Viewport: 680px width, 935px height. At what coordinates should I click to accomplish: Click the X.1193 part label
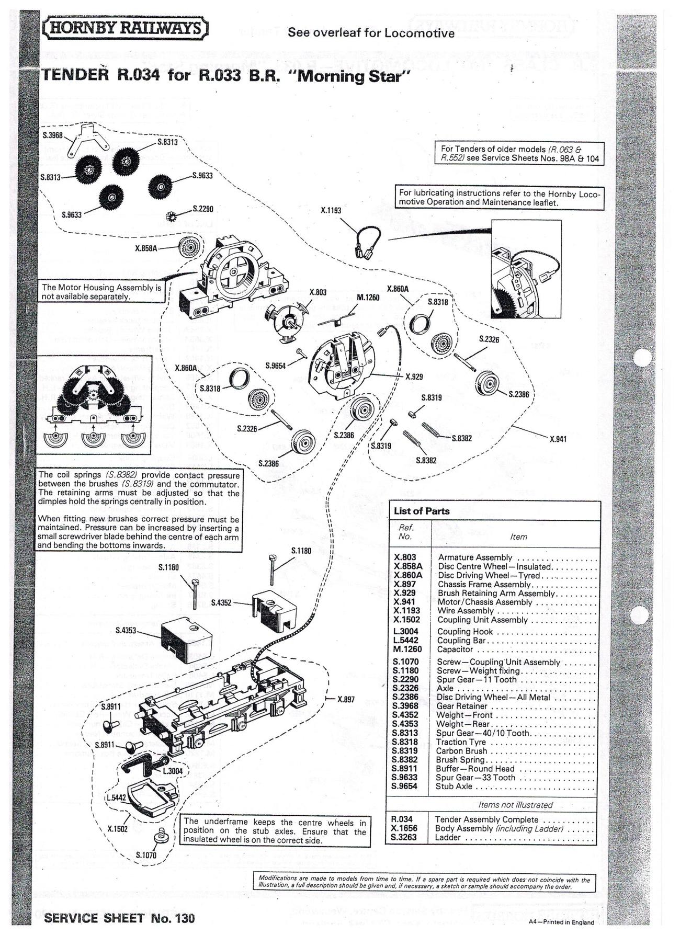tap(331, 210)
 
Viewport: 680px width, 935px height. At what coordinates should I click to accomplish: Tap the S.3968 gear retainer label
tap(52, 135)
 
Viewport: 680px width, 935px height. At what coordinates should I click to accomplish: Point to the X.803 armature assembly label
tap(318, 292)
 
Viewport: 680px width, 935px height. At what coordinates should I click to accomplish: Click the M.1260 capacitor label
tap(368, 297)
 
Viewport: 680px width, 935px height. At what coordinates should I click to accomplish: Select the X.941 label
tap(558, 439)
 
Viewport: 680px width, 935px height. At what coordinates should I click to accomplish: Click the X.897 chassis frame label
tap(346, 699)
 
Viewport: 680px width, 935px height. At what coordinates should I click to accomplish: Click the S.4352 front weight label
tap(221, 602)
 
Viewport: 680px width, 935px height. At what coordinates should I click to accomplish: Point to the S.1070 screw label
tap(146, 855)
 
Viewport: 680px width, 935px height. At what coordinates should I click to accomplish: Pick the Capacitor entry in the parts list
tap(455, 649)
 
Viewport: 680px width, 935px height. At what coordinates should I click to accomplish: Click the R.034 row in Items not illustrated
tap(492, 819)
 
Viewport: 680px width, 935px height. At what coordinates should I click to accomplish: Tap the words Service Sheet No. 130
tap(120, 917)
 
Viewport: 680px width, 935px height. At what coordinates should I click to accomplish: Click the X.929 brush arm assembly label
tap(414, 376)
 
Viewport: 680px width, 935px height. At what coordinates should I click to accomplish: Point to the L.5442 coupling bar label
tap(116, 797)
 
